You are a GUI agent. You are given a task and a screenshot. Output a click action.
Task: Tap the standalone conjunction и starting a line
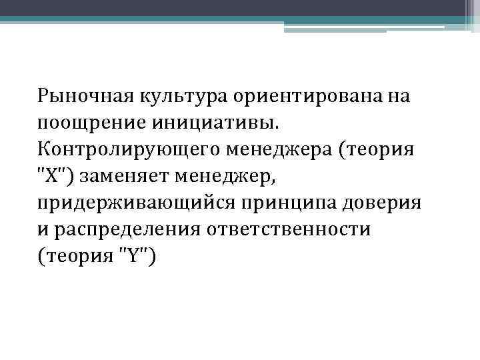[43, 229]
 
